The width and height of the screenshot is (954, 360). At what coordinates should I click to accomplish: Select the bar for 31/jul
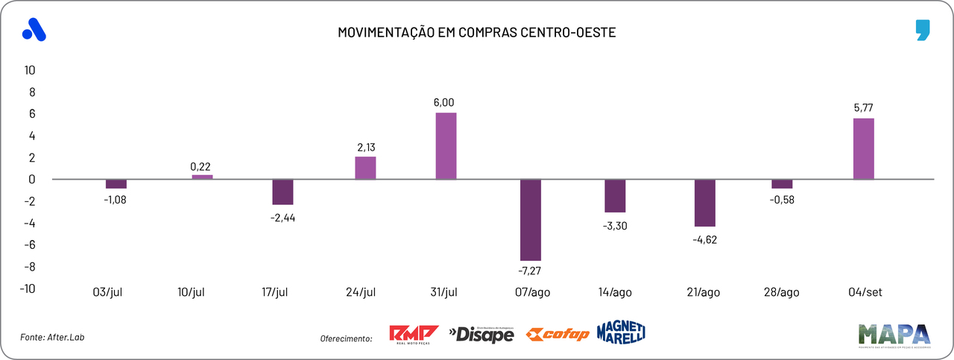446,146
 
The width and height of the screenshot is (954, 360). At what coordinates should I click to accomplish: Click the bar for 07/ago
531,220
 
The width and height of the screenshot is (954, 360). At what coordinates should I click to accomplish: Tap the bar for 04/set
864,148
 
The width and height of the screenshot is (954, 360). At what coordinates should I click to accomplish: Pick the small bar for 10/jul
202,177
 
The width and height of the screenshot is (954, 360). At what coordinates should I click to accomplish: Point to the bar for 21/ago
704,203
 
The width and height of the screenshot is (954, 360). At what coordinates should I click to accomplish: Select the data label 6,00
443,103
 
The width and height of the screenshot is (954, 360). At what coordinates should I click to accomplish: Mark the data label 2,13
365,146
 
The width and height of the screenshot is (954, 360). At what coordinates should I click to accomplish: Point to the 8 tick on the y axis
32,92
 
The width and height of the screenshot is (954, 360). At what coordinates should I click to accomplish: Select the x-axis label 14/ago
615,293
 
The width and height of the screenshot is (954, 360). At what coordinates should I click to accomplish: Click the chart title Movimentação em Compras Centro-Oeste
477,33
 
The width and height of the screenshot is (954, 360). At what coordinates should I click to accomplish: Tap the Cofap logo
557,335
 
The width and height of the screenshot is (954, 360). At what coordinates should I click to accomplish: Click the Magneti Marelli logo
621,333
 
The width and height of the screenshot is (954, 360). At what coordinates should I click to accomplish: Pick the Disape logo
481,335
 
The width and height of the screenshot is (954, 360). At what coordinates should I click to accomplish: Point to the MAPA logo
894,335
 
